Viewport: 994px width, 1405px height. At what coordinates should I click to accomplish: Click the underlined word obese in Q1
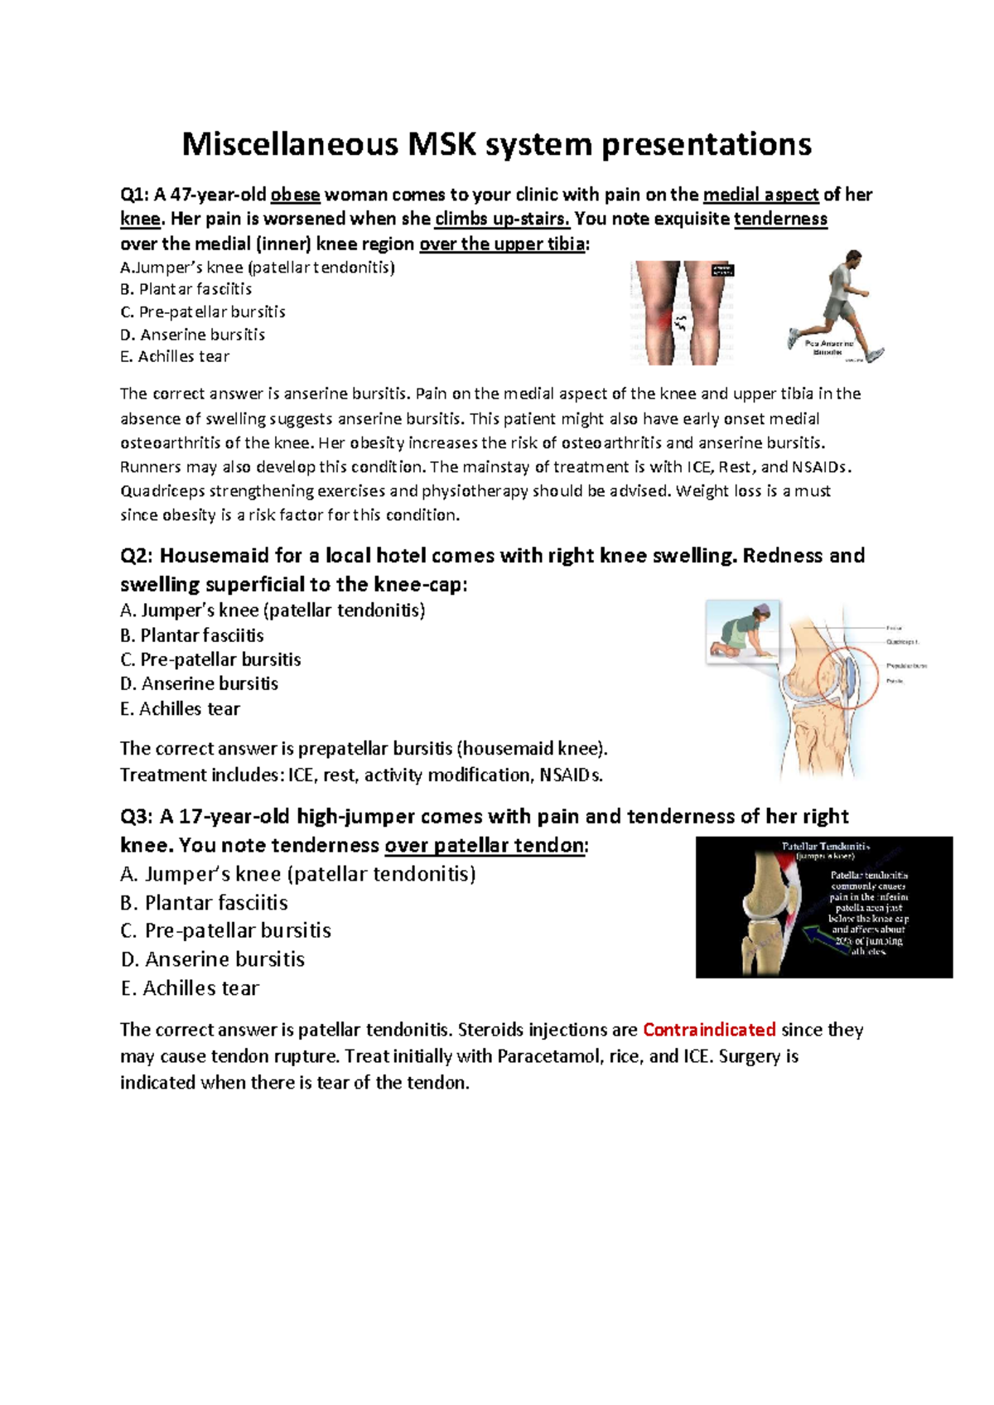point(295,195)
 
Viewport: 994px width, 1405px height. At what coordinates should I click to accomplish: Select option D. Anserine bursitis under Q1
point(192,335)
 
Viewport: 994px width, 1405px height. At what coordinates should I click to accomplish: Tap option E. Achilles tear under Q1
point(175,356)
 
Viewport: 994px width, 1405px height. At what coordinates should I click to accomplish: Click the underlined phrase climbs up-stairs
point(502,219)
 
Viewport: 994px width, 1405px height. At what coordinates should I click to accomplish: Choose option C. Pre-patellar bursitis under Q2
point(210,659)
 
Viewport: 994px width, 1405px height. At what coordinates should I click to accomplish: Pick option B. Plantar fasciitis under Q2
point(192,635)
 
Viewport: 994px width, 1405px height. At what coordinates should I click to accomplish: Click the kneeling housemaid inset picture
point(742,631)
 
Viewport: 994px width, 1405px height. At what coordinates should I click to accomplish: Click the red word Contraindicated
point(709,1030)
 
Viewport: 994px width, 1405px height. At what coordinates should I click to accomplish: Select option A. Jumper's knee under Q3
point(297,874)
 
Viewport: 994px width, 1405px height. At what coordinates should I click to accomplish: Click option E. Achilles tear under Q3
point(190,988)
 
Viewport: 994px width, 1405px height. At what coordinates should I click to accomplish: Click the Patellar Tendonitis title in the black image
point(825,847)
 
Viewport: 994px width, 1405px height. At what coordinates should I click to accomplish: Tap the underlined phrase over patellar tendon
point(485,845)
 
